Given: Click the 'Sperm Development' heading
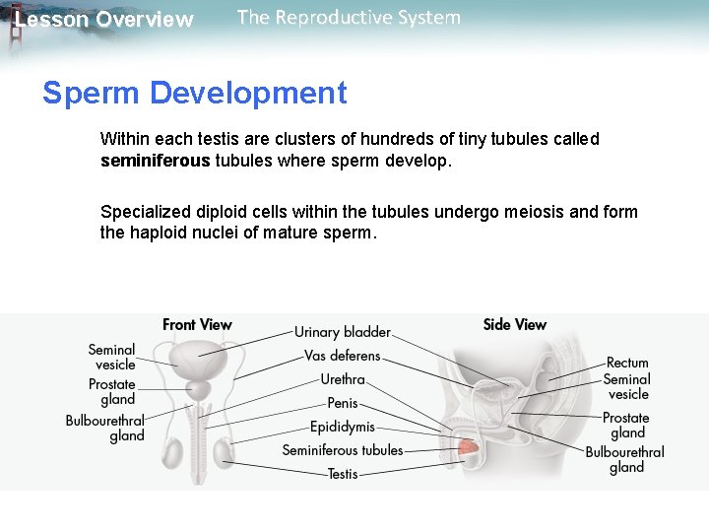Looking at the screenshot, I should (194, 94).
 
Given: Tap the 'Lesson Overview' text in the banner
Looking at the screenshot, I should (104, 20).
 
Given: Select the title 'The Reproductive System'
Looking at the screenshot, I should (349, 18).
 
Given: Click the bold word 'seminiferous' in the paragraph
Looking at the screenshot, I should (155, 161).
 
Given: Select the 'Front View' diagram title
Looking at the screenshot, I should (197, 324).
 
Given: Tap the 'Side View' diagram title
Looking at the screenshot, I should (514, 324).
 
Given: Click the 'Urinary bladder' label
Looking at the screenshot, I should (343, 332).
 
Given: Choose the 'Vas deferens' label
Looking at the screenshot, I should (342, 356).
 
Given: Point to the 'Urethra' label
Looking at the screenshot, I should (343, 379).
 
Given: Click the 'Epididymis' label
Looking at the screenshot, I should (343, 427).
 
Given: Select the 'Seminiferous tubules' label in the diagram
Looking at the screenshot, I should (343, 450).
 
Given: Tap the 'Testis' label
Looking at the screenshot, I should (343, 474).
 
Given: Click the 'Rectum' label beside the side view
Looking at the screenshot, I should (627, 363).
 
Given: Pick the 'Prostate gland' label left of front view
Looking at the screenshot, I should (112, 392).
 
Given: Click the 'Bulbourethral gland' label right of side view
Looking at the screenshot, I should (625, 459).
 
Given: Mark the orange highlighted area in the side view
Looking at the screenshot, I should (471, 450).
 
